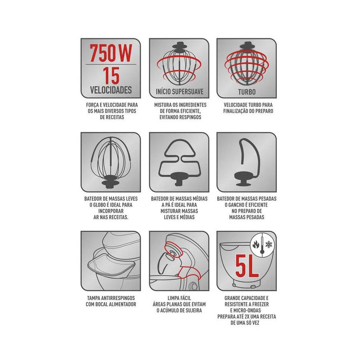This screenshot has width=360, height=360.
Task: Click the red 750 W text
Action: point(111,53)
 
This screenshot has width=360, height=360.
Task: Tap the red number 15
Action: point(111,76)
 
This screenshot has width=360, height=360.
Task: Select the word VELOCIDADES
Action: point(111,90)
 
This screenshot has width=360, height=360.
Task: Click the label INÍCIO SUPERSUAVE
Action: point(180,92)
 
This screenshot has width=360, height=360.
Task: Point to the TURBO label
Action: point(247,92)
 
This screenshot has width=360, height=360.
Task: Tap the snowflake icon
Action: point(268,244)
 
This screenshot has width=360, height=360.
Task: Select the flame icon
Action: point(256,244)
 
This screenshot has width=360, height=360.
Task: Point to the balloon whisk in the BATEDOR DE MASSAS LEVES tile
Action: point(111,162)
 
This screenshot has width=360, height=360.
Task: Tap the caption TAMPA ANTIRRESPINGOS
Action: point(111,298)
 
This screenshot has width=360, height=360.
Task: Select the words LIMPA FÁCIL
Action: point(179,298)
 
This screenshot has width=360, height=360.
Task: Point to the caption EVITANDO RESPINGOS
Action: point(180,117)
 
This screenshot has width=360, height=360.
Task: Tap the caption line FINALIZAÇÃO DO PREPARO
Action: point(248,111)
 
